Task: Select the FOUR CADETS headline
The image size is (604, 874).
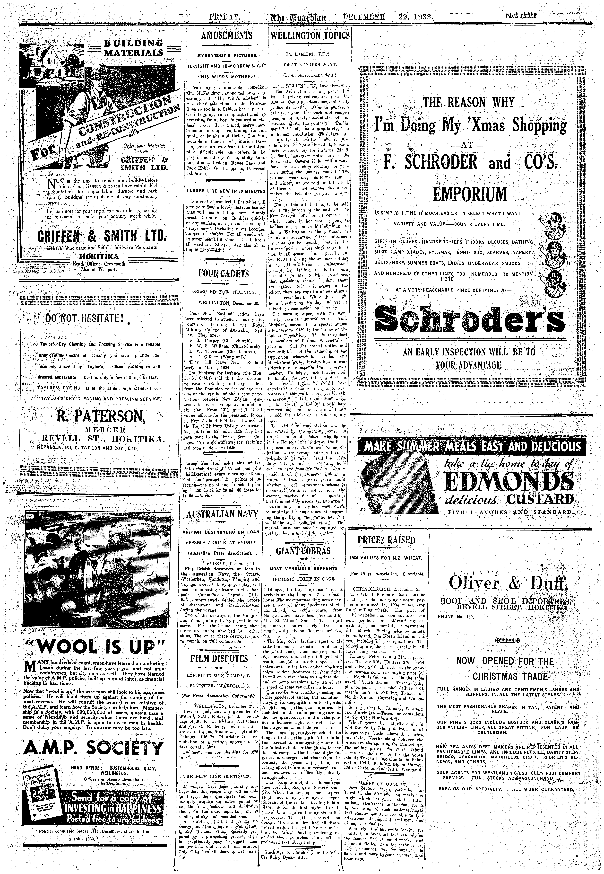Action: tap(224, 273)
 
